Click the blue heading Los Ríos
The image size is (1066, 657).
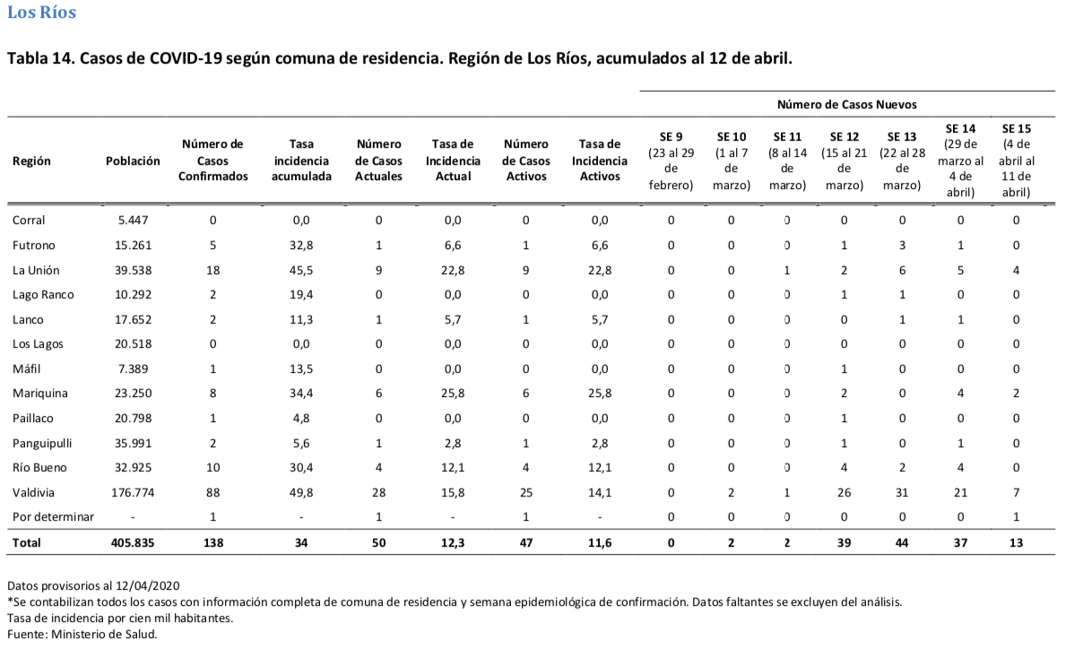click(41, 13)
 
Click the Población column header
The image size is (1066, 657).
click(133, 161)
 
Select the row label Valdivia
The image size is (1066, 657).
click(33, 493)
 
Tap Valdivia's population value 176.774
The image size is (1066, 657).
click(133, 493)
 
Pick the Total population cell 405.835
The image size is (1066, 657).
click(133, 543)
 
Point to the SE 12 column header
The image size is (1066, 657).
click(844, 161)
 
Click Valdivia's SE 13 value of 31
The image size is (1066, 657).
click(901, 493)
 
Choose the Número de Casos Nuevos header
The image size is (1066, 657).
click(846, 105)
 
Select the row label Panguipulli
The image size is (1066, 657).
click(42, 443)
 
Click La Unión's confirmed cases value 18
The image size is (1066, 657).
click(212, 271)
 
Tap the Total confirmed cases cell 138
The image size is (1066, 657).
click(213, 543)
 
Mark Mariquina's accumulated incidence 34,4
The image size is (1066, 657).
click(301, 393)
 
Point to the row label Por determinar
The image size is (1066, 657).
click(53, 517)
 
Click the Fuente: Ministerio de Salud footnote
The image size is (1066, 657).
click(82, 635)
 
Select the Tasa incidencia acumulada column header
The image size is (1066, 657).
click(301, 161)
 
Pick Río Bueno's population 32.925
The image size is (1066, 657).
click(133, 468)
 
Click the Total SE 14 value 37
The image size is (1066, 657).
click(960, 543)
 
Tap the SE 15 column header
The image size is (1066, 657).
click(1016, 161)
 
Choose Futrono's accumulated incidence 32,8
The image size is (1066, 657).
click(301, 246)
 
